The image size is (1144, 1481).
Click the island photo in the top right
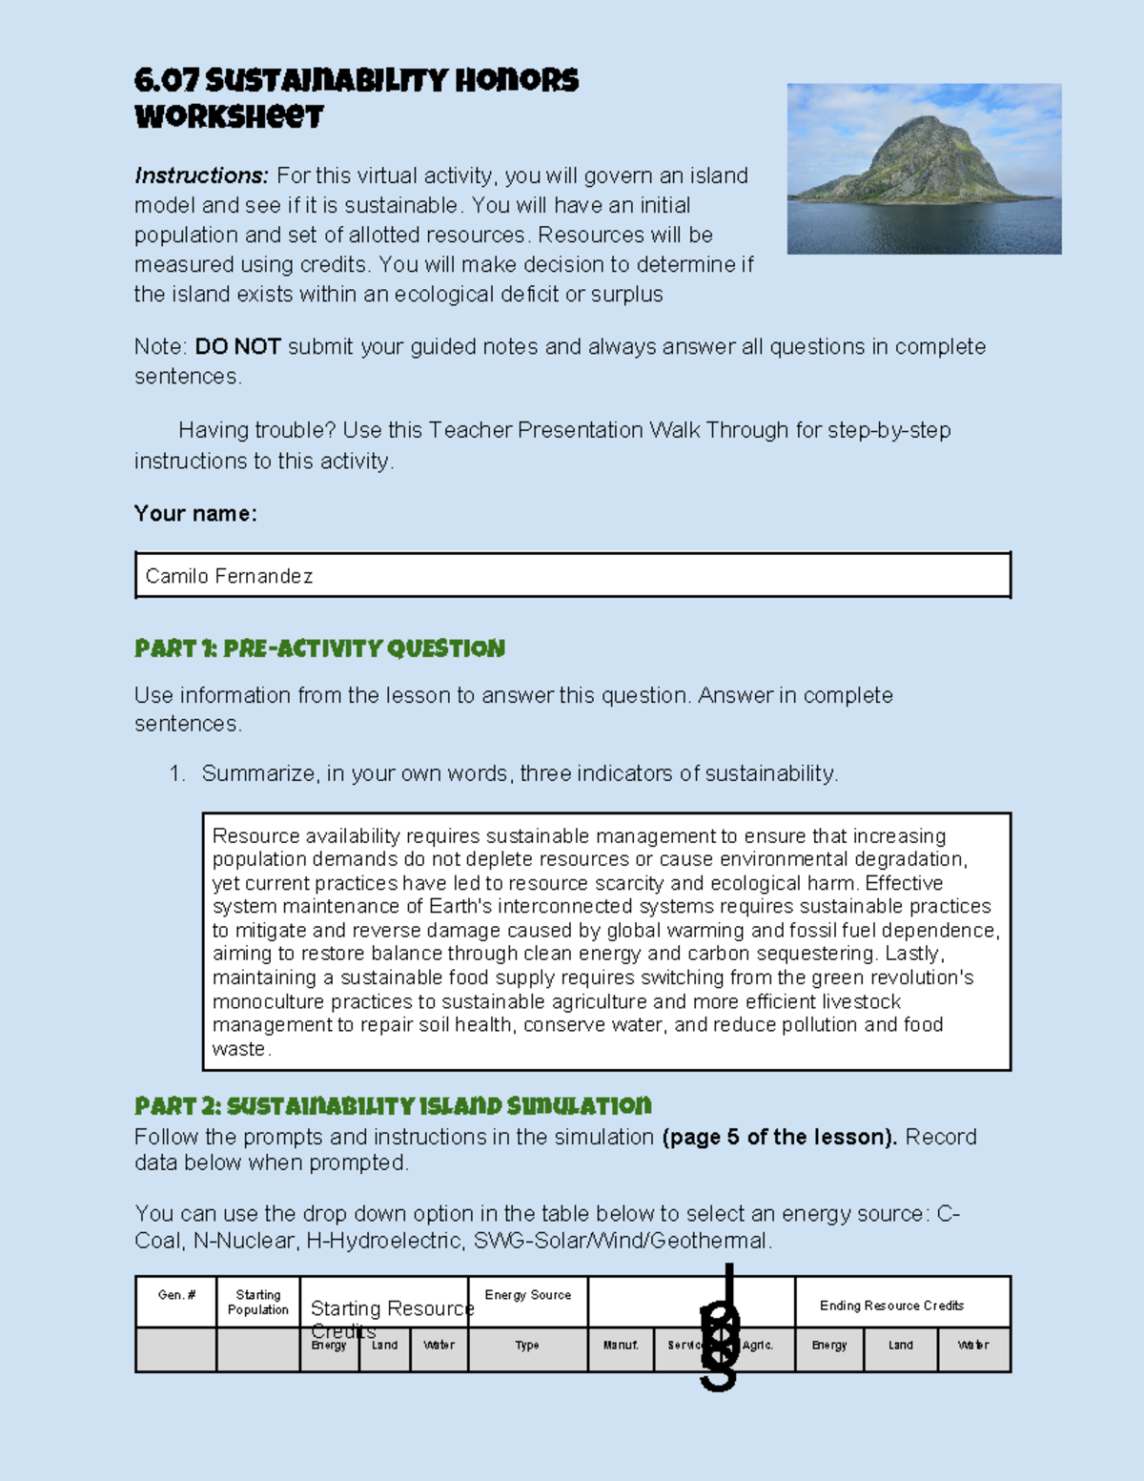924,169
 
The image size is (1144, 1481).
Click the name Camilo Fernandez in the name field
229,576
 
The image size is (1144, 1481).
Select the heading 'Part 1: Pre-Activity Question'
319,648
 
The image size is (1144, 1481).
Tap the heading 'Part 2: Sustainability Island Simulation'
393,1106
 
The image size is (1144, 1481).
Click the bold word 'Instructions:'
201,175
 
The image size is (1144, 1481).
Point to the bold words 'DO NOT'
237,346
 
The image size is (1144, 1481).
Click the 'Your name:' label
195,513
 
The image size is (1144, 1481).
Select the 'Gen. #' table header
176,1295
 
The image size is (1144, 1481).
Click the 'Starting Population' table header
258,1302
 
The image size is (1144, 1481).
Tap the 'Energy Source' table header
528,1295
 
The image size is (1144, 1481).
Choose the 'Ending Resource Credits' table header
891,1306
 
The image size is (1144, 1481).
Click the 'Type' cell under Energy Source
527,1346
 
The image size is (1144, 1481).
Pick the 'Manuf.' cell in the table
621,1346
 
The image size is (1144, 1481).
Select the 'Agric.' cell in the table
758,1346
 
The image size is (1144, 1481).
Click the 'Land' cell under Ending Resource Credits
901,1346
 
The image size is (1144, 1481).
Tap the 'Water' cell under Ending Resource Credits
973,1346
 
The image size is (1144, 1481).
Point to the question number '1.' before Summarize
177,773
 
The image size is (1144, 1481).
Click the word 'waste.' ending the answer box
241,1049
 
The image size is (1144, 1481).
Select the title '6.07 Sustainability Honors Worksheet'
356,98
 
